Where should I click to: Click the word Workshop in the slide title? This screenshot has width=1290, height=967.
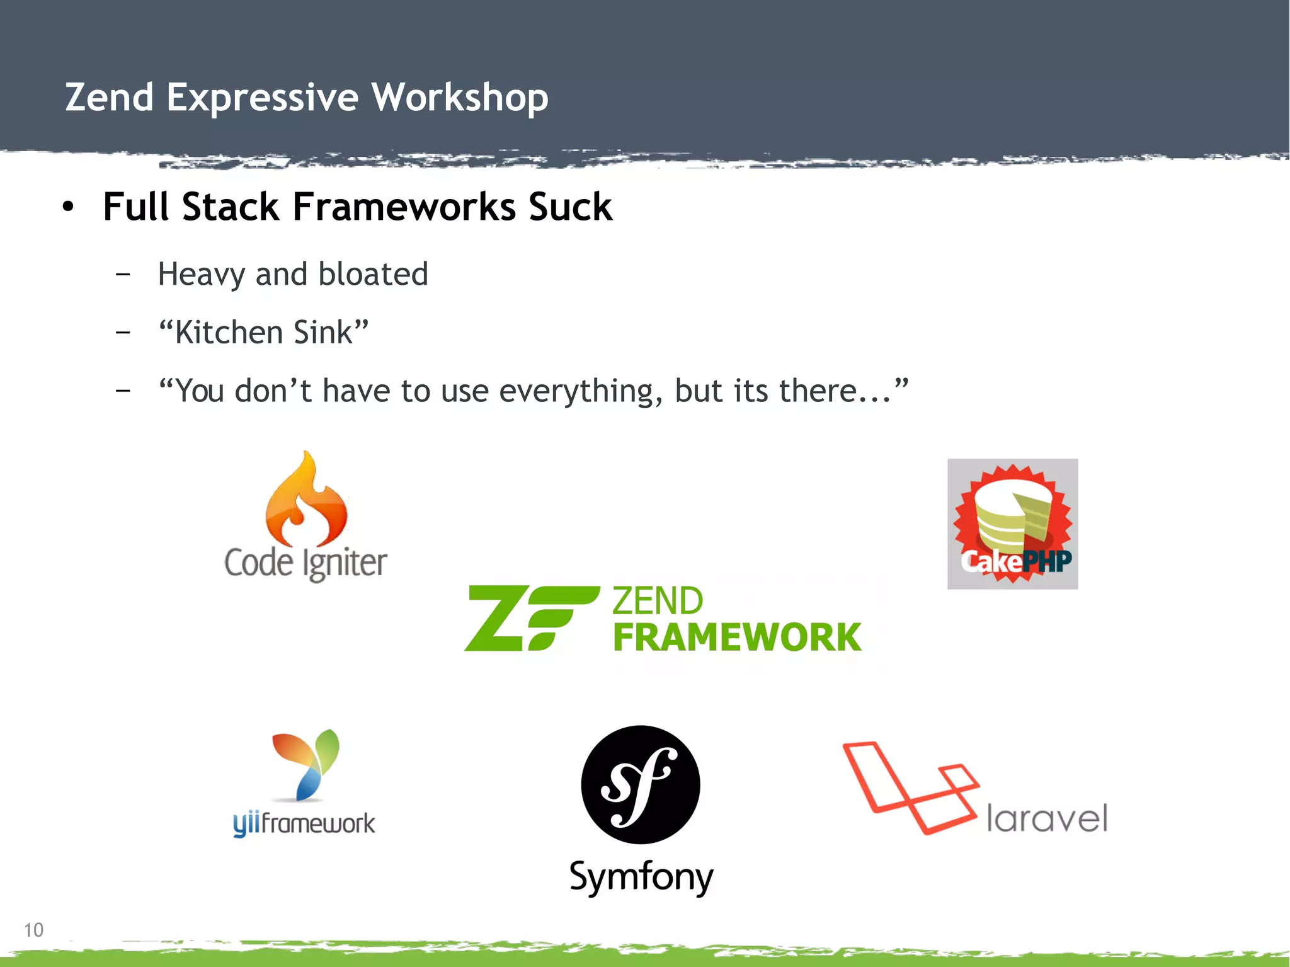pyautogui.click(x=459, y=98)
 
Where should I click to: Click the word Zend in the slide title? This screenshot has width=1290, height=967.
pyautogui.click(x=110, y=98)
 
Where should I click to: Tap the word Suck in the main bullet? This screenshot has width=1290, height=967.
pyautogui.click(x=570, y=207)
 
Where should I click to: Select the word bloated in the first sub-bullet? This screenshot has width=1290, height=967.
pyautogui.click(x=373, y=274)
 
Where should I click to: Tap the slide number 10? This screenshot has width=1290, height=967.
pyautogui.click(x=33, y=930)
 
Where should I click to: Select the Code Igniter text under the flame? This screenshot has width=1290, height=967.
pyautogui.click(x=305, y=563)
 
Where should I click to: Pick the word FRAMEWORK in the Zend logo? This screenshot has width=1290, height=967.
pyautogui.click(x=737, y=638)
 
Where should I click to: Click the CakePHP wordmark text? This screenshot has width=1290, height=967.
pyautogui.click(x=1015, y=561)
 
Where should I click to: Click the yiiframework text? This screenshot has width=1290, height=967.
pyautogui.click(x=304, y=823)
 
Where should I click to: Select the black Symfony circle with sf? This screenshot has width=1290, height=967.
pyautogui.click(x=640, y=785)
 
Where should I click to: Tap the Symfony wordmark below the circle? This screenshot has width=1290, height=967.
pyautogui.click(x=641, y=876)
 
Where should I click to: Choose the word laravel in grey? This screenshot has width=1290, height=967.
pyautogui.click(x=1046, y=818)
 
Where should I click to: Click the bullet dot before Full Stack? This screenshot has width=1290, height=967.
pyautogui.click(x=68, y=207)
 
